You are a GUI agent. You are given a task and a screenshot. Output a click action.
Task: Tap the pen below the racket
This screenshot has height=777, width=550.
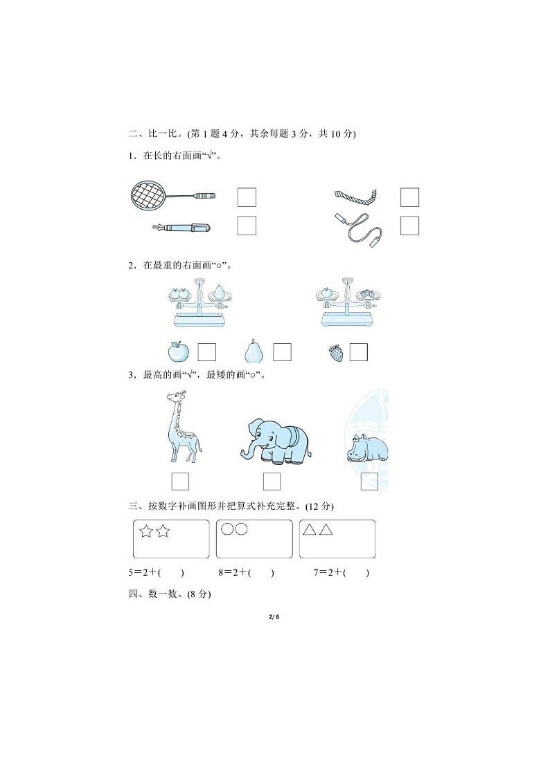click(181, 227)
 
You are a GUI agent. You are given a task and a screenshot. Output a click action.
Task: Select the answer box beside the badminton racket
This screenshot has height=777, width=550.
click(247, 197)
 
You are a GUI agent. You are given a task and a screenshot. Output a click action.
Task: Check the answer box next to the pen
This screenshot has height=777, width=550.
click(247, 226)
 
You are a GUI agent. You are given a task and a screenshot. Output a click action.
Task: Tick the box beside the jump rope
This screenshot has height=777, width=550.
click(410, 226)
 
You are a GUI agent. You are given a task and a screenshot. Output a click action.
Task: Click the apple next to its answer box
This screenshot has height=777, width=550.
click(179, 351)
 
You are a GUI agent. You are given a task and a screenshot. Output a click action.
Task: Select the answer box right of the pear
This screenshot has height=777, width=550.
click(282, 352)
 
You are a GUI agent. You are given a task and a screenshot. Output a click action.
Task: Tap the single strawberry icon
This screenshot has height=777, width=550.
click(336, 353)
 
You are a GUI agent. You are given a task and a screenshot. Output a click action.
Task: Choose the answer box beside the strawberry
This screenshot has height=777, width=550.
click(358, 352)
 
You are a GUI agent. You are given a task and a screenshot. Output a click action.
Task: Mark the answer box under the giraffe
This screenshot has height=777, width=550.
click(180, 481)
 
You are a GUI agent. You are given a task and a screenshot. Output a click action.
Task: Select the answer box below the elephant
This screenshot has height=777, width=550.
click(272, 481)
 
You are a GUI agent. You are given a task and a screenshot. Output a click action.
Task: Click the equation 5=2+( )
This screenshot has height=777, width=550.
click(159, 572)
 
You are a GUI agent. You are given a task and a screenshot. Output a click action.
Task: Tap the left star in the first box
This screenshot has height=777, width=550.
click(146, 531)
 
